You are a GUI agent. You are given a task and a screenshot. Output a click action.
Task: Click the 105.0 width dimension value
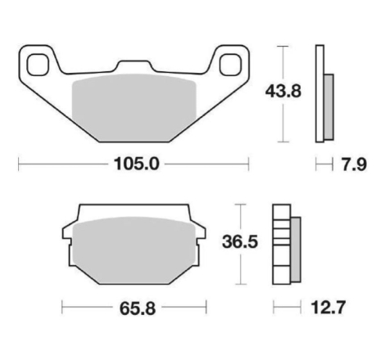[136, 164]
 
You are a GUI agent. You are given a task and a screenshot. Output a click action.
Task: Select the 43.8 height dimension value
[283, 91]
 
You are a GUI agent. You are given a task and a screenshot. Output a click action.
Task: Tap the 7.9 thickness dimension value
[354, 164]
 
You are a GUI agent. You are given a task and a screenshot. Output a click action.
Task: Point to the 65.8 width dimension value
[138, 308]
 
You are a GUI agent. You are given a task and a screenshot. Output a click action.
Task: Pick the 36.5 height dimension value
[240, 241]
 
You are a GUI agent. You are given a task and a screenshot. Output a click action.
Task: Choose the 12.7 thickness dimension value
[328, 307]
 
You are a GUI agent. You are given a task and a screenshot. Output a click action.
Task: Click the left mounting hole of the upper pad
[38, 65]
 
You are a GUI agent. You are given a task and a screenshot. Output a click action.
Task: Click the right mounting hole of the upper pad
[231, 65]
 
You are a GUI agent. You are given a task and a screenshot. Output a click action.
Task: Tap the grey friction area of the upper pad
[134, 108]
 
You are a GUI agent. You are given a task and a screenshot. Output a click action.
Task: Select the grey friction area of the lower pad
[134, 250]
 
